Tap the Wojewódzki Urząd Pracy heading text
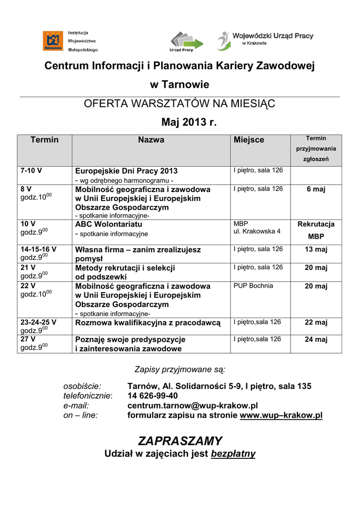click(x=273, y=36)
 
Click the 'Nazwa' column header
click(x=151, y=140)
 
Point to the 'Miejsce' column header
click(x=249, y=140)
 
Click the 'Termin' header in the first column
click(x=45, y=140)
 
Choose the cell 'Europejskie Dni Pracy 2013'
click(x=126, y=171)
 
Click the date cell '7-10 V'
click(x=31, y=171)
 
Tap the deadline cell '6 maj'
click(x=316, y=189)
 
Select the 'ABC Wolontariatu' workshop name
click(x=109, y=224)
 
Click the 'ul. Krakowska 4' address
click(x=257, y=231)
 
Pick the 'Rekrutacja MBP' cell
click(x=316, y=230)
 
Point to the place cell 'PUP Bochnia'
click(x=253, y=286)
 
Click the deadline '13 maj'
click(x=316, y=250)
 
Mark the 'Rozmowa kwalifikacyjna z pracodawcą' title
click(x=147, y=323)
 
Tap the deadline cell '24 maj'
click(x=316, y=340)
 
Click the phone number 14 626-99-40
click(x=152, y=396)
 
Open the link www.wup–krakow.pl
click(x=281, y=416)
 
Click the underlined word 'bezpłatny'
click(x=233, y=454)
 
